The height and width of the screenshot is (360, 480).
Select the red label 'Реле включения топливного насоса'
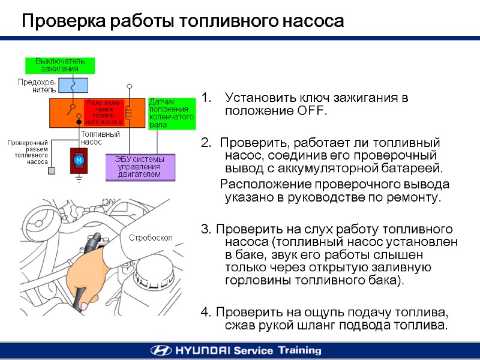(104, 112)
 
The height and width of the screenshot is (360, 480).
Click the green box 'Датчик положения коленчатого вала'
(171, 113)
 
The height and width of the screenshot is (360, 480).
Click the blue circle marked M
(79, 161)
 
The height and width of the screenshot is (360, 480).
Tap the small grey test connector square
(52, 171)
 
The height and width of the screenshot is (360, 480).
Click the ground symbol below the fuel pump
(79, 178)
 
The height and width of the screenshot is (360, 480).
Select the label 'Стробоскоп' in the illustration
(151, 238)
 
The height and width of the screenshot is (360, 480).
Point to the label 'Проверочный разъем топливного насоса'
(28, 152)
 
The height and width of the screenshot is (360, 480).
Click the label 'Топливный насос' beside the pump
(100, 138)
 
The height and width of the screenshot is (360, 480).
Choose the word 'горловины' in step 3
(254, 280)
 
